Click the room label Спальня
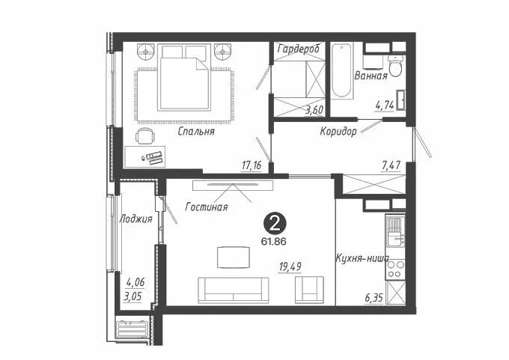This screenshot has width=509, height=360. pos(196,132)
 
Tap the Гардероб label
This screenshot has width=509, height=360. pos(299,49)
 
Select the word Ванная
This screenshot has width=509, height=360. pos(371,76)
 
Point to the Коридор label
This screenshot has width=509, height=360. pos(338,132)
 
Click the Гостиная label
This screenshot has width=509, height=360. pos(207,207)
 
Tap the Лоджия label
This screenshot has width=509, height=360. pos(135,219)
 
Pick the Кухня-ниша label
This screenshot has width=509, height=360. pos(362,258)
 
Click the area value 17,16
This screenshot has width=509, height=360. pos(252,166)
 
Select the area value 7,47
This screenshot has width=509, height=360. pos(391,165)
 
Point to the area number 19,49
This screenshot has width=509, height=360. pos(290,267)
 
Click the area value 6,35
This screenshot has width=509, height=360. pos(374,298)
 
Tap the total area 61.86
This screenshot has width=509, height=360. pos(274,242)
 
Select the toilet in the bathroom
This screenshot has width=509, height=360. pos(396,66)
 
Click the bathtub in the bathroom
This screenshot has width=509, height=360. pos(342,71)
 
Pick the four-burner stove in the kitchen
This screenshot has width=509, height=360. pos(395,269)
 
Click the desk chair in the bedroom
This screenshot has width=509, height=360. pos(144,135)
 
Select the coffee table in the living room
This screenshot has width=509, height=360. pos(234,257)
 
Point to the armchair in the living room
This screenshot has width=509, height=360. pos(309,290)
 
